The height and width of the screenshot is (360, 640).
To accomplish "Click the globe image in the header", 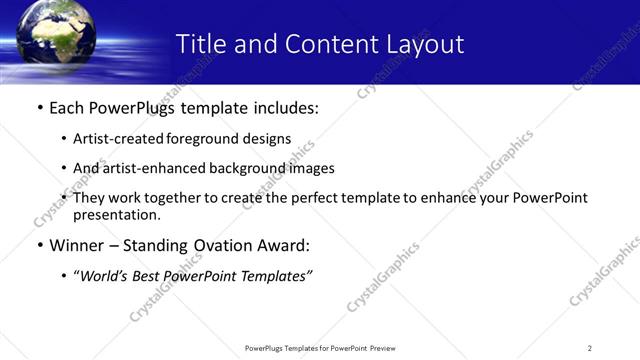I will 56,36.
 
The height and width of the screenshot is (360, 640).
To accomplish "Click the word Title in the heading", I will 200,44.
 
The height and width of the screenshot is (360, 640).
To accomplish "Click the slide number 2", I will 590,347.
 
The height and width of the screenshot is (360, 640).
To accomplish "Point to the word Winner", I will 76,245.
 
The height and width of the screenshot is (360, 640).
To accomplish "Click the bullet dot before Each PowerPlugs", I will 39,108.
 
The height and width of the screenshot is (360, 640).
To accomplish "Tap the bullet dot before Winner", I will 39,245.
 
